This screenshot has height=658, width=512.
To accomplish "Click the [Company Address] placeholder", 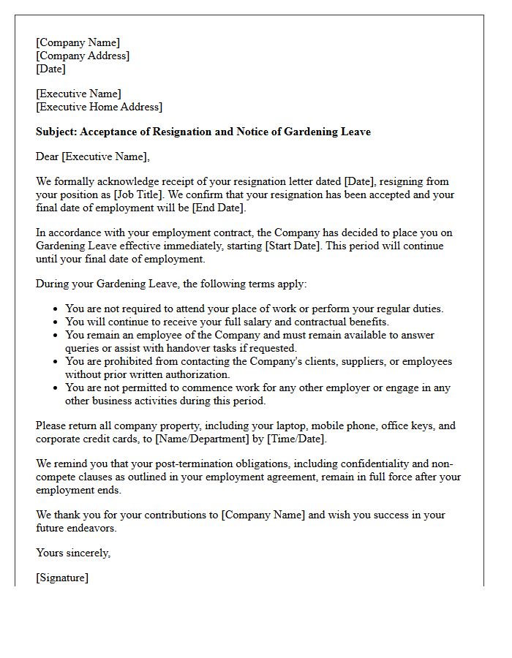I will point(83,56).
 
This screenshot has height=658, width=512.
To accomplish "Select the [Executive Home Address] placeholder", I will point(99,107).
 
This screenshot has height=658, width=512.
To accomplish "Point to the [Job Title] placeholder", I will point(127,195).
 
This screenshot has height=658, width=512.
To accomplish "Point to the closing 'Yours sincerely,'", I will point(73,553).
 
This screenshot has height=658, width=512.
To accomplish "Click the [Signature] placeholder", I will point(62,578).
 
